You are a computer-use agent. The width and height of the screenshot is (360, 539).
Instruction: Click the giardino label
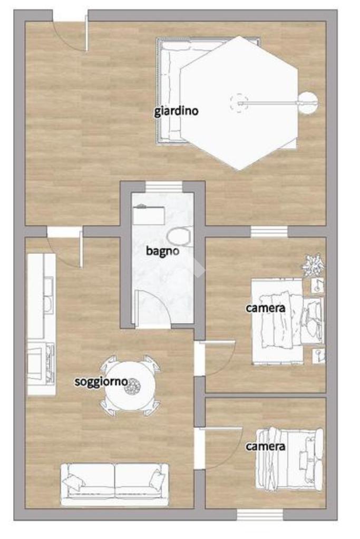(x=176, y=111)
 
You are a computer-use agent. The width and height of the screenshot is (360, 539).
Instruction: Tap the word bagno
(x=163, y=251)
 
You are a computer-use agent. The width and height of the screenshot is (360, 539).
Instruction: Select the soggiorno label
(x=101, y=381)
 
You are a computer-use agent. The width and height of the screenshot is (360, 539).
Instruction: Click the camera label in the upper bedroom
(x=266, y=308)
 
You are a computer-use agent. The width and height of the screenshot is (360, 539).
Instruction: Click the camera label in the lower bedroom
(x=266, y=446)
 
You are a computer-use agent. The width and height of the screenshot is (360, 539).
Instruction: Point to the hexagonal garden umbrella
(x=239, y=103)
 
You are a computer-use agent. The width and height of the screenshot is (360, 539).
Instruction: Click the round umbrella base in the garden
(x=308, y=103)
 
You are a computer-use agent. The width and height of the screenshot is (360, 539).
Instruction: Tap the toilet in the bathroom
(x=179, y=237)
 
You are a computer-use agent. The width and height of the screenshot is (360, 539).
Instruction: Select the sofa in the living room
(x=115, y=485)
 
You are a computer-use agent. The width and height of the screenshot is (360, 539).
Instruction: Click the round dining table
(x=130, y=386)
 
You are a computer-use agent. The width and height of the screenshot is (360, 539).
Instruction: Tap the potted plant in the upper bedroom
(x=313, y=264)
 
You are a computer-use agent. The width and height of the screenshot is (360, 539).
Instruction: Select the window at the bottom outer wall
(x=260, y=515)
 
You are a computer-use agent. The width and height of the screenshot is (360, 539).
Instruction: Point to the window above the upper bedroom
(x=269, y=232)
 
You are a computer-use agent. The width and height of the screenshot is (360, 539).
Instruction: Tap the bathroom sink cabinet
(x=149, y=215)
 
